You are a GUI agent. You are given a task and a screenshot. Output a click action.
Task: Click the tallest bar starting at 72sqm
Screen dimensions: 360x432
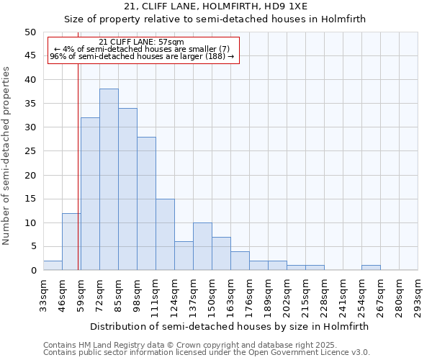click(x=109, y=179)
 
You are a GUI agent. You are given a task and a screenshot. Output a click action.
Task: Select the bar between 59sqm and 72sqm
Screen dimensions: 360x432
click(x=90, y=194)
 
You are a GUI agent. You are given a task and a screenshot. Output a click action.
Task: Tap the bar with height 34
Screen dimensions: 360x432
click(x=127, y=189)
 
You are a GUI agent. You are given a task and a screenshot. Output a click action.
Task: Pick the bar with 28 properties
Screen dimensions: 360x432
click(x=146, y=203)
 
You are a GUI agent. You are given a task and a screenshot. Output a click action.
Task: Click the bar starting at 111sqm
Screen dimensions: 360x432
click(x=165, y=234)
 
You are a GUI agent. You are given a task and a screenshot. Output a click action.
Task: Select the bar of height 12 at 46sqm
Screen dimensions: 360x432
click(x=71, y=241)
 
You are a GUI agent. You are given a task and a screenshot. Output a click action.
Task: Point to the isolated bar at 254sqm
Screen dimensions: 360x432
click(x=371, y=268)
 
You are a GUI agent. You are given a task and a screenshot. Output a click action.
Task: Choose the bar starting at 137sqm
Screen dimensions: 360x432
click(x=202, y=246)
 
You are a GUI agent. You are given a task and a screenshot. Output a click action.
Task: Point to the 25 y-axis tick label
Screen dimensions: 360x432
click(x=30, y=151)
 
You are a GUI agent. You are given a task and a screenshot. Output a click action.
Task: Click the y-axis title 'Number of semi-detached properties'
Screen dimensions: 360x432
click(x=7, y=156)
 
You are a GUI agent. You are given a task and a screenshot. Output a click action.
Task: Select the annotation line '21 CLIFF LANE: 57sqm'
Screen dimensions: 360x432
click(x=141, y=42)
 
